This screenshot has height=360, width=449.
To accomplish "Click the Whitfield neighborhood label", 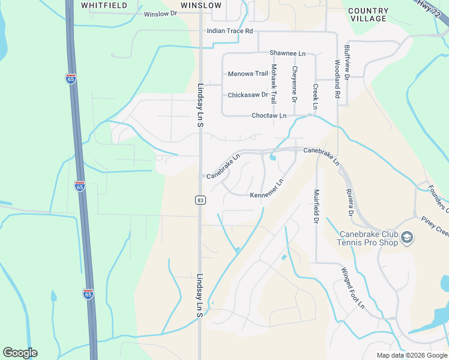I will (x=104, y=5).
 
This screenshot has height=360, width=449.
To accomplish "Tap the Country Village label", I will (x=368, y=15).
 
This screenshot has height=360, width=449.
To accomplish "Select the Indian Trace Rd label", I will (x=230, y=31).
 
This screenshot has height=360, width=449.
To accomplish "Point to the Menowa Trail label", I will (x=248, y=74).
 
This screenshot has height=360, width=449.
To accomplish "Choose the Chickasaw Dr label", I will (x=247, y=95).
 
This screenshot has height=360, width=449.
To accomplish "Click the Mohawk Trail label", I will (x=274, y=84).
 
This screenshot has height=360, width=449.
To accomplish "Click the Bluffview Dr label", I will (x=347, y=61).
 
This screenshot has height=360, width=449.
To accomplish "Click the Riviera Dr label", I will (x=349, y=203).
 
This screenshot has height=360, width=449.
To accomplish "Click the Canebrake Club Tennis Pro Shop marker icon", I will (x=407, y=238).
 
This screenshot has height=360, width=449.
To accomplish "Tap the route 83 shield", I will (x=199, y=200).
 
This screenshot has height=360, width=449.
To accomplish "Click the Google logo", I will (x=20, y=353).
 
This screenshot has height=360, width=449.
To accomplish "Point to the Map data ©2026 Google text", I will (x=411, y=355).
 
